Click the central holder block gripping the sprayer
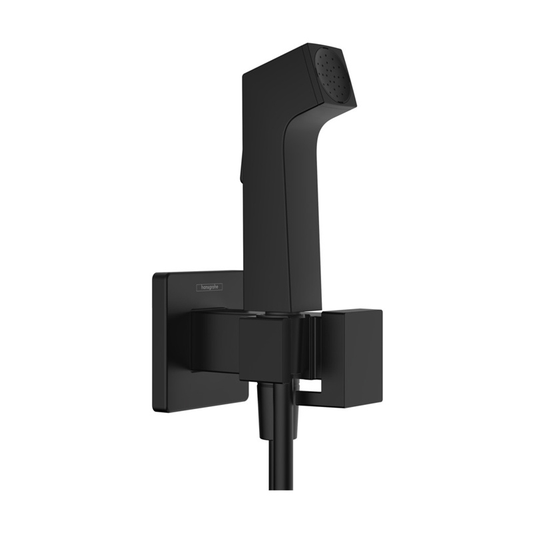coord(264,346)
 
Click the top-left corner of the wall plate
coord(155,274)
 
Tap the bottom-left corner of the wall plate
coord(155,408)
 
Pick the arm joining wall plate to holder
coord(213,340)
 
